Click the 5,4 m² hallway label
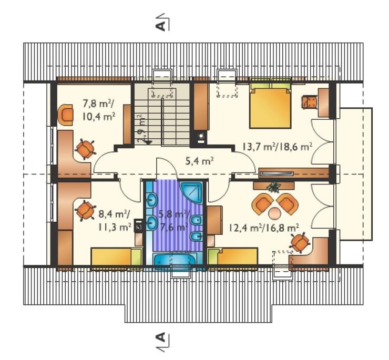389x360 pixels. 200,161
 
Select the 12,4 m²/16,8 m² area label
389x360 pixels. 263,227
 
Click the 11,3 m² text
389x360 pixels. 115,227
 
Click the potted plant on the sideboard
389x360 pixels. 274,187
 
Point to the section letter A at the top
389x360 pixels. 161,25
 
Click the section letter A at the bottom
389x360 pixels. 161,337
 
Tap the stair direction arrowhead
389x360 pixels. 148,142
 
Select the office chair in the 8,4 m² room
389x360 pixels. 85,210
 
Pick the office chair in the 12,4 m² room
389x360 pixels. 300,242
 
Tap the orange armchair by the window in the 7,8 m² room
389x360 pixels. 66,115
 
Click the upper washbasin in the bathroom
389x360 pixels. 152,200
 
